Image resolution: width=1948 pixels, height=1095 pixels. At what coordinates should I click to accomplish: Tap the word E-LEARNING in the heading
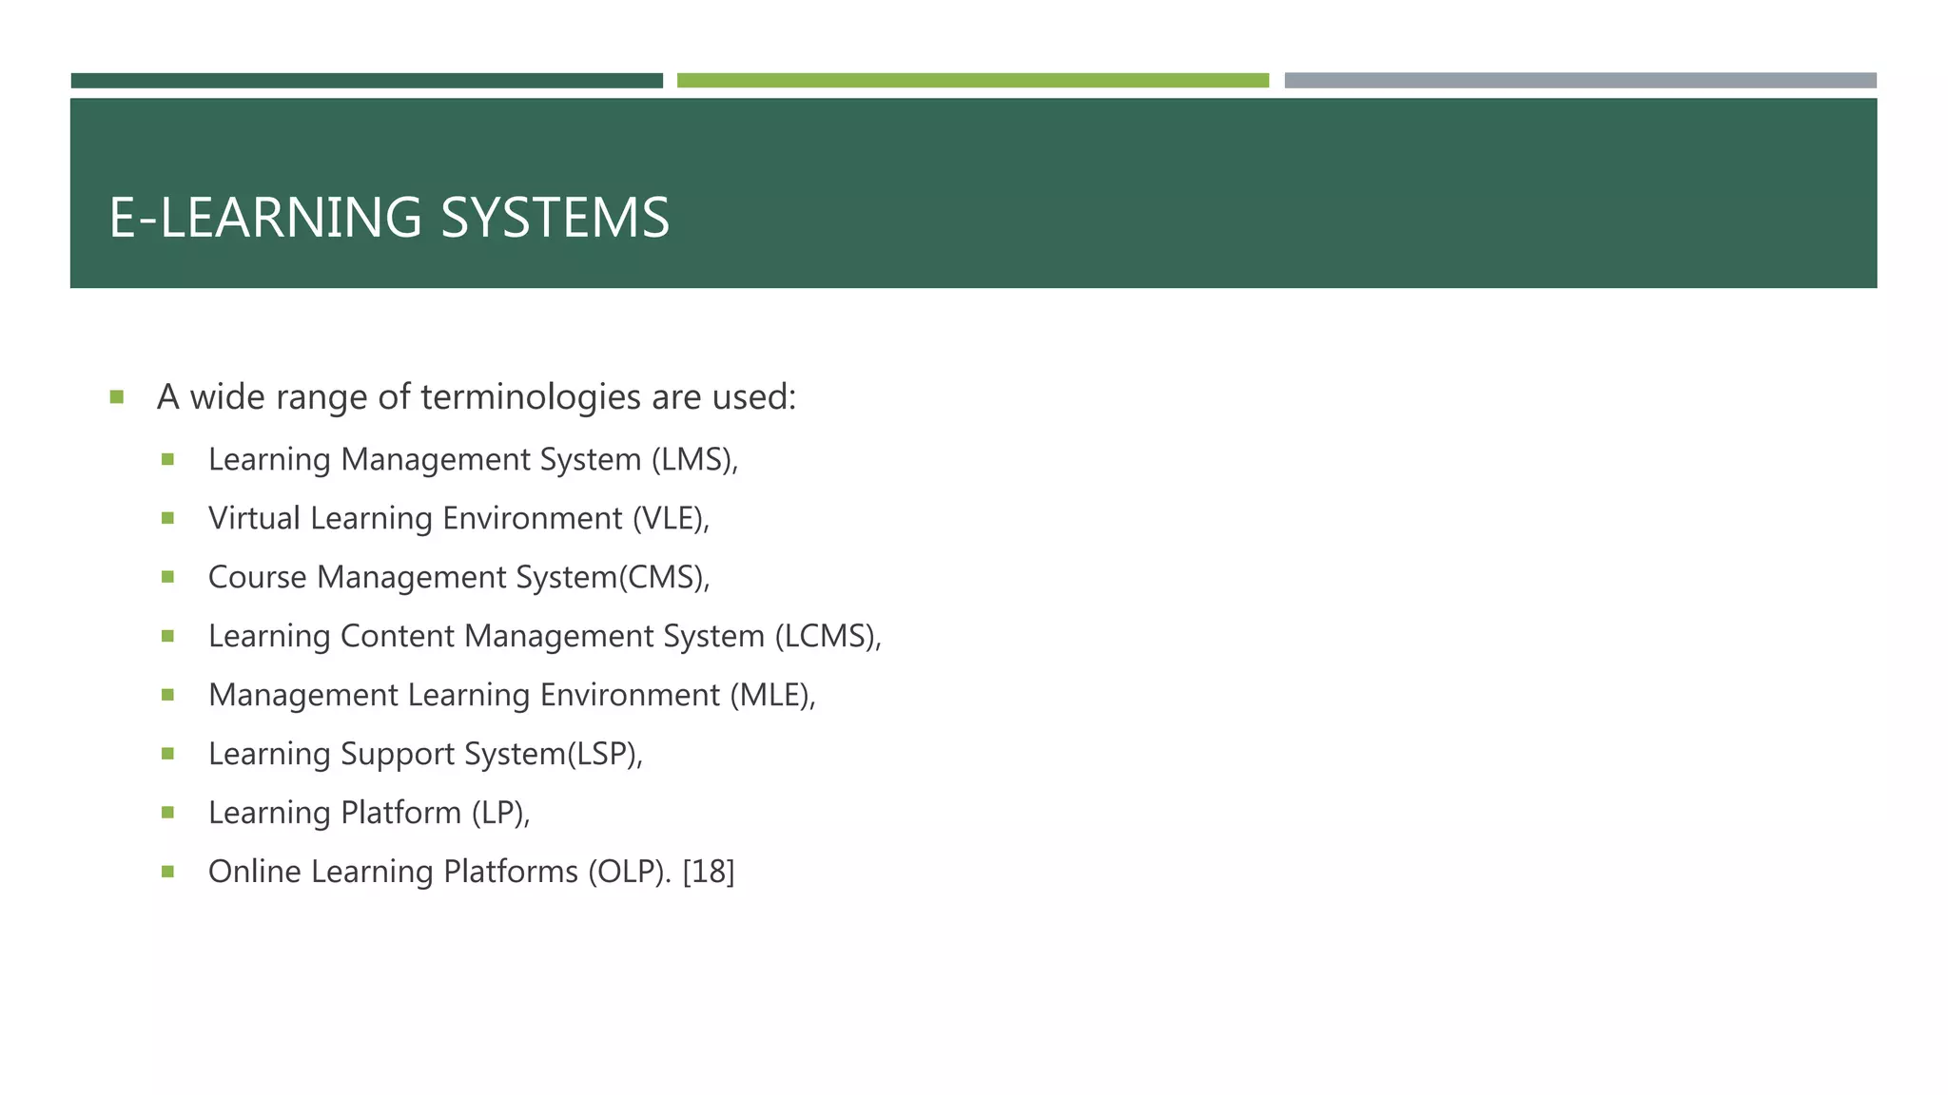tap(265, 218)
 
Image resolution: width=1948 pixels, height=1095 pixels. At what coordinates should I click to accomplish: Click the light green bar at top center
tap(972, 81)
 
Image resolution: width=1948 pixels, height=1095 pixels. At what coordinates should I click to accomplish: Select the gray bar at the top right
tap(1580, 81)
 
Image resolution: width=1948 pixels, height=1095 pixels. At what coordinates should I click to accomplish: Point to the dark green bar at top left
tap(366, 81)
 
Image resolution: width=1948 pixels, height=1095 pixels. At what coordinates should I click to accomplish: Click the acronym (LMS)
tap(692, 460)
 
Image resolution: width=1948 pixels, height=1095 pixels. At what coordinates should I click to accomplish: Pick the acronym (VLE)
tap(668, 519)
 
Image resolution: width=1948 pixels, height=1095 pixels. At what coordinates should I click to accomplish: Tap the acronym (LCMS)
tap(826, 637)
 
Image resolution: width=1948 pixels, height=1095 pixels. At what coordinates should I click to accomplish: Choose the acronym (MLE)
tap(770, 696)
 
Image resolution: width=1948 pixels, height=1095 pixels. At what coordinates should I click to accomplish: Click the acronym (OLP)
tap(629, 873)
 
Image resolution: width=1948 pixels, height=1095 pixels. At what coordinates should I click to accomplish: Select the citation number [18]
tap(709, 873)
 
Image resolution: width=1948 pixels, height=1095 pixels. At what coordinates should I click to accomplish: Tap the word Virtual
tap(254, 519)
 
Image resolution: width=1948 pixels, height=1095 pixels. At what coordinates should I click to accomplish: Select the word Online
tap(254, 873)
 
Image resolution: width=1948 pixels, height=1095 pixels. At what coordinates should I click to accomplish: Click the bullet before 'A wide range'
tap(117, 397)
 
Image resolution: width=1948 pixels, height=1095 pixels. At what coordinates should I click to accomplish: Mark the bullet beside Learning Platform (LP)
tap(168, 813)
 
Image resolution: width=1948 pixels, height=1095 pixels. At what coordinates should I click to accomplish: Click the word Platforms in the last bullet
tap(511, 873)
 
